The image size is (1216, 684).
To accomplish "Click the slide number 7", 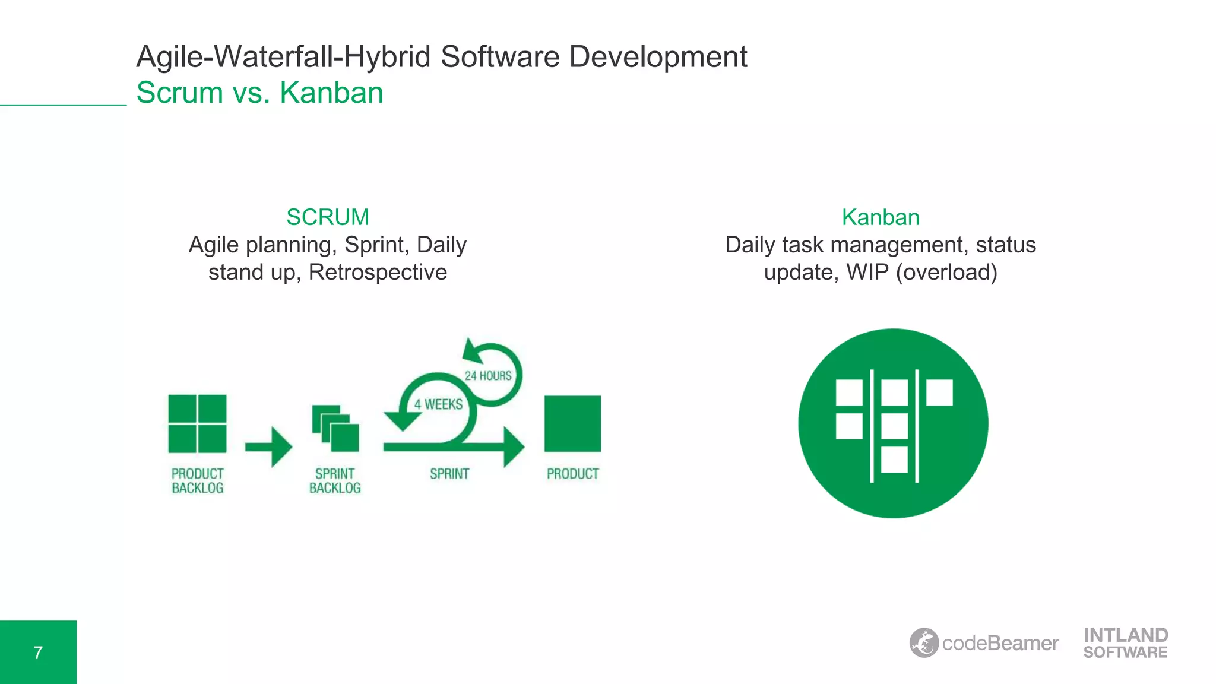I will pyautogui.click(x=38, y=653).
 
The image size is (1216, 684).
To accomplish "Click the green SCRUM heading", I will pyautogui.click(x=327, y=217).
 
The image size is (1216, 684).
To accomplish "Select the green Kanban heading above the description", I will pyautogui.click(x=881, y=217).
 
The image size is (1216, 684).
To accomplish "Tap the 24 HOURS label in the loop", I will pyautogui.click(x=488, y=376).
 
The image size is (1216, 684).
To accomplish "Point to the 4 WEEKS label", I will pyautogui.click(x=438, y=404).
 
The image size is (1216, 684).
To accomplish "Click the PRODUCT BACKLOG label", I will pyautogui.click(x=198, y=481).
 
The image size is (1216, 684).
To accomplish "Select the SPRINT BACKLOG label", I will pyautogui.click(x=335, y=481).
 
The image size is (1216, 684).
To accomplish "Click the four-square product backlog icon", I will pyautogui.click(x=197, y=424).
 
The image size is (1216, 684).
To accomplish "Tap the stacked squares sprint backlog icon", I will pyautogui.click(x=335, y=428).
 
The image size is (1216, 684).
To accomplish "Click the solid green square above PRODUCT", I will pyautogui.click(x=572, y=423).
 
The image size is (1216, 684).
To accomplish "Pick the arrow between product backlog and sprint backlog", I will pyautogui.click(x=269, y=446).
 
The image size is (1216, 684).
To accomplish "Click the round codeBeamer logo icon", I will pyautogui.click(x=924, y=642).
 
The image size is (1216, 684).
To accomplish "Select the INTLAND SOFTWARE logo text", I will pyautogui.click(x=1125, y=643).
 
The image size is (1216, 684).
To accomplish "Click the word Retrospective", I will pyautogui.click(x=378, y=272).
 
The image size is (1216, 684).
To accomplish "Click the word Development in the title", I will pyautogui.click(x=658, y=57).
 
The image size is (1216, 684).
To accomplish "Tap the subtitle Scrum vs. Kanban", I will pyautogui.click(x=259, y=93).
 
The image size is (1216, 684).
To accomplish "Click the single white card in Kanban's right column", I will pyautogui.click(x=939, y=392).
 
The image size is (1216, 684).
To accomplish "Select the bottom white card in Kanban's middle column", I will pyautogui.click(x=894, y=460).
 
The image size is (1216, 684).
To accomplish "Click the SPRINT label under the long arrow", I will pyautogui.click(x=449, y=474).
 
